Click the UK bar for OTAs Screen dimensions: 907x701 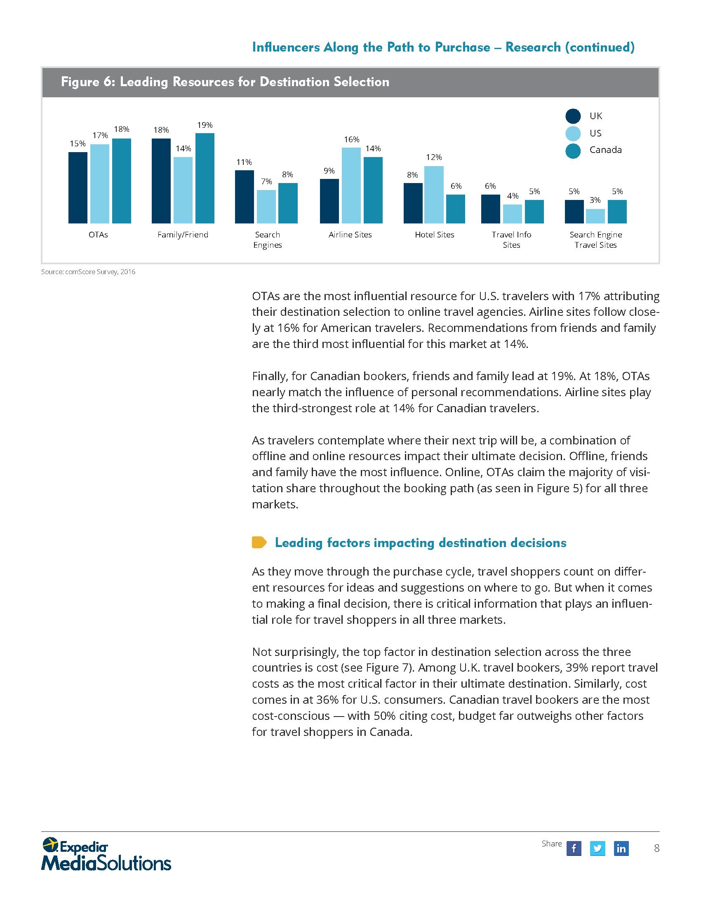(78, 188)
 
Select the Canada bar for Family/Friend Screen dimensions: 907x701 (205, 178)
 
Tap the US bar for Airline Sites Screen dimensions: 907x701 (351, 186)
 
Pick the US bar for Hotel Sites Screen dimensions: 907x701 (434, 195)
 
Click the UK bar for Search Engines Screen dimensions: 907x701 (244, 197)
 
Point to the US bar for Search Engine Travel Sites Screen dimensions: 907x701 (595, 216)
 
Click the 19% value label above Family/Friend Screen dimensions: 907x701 (205, 125)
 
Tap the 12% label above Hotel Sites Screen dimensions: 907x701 (434, 157)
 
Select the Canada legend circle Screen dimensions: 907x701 (573, 151)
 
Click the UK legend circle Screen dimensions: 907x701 (573, 116)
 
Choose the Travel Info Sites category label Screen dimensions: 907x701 (511, 240)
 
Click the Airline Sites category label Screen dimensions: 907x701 (350, 235)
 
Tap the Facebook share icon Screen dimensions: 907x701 (574, 848)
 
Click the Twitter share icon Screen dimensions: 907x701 (597, 848)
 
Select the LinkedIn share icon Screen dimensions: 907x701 (621, 848)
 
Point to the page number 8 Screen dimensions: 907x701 (656, 848)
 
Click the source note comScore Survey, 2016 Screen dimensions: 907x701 (88, 272)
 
